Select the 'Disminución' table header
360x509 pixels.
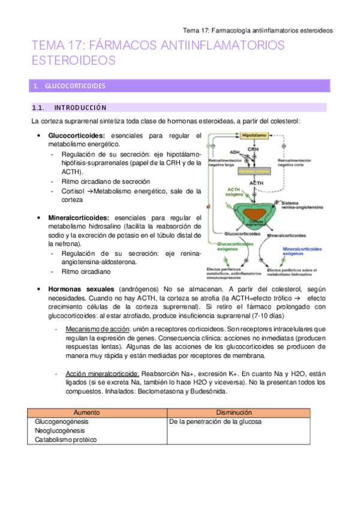(246, 413)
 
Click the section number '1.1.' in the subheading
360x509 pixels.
(38, 108)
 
